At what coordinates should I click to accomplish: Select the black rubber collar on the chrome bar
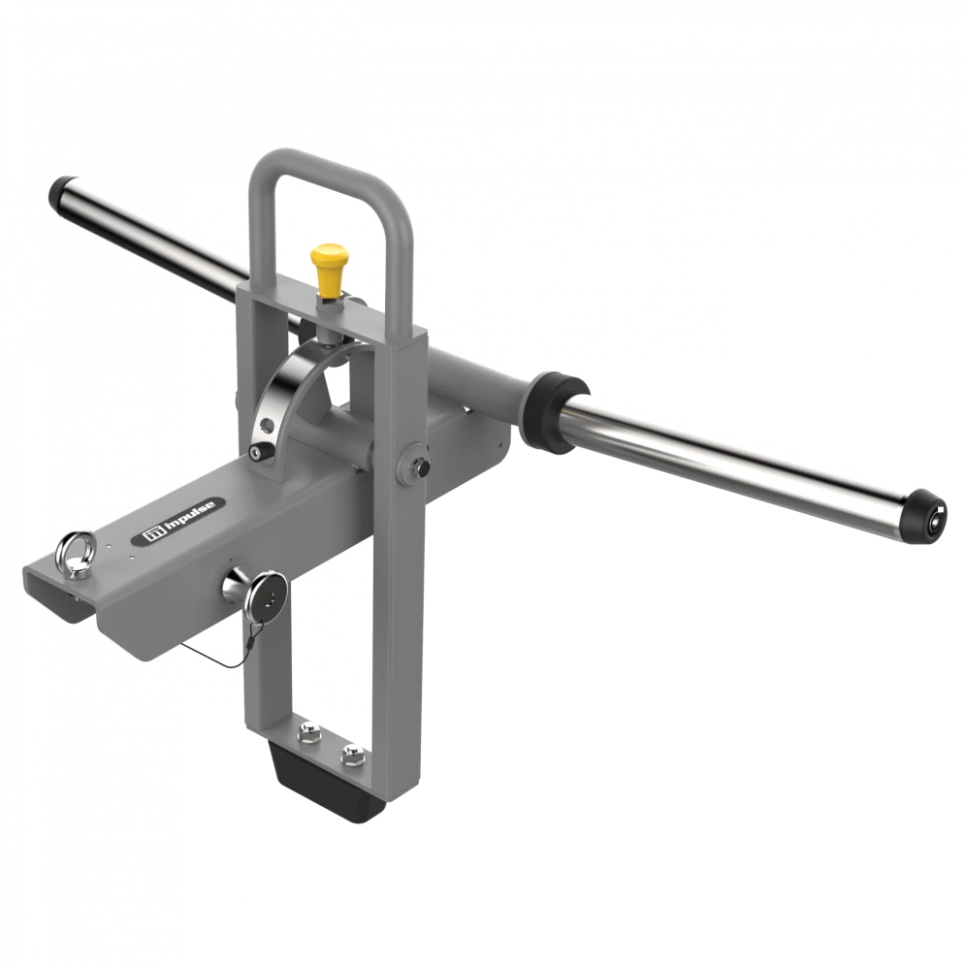[x=553, y=411]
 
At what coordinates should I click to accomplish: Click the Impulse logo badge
[x=177, y=522]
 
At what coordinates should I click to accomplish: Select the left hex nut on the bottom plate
[x=309, y=732]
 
